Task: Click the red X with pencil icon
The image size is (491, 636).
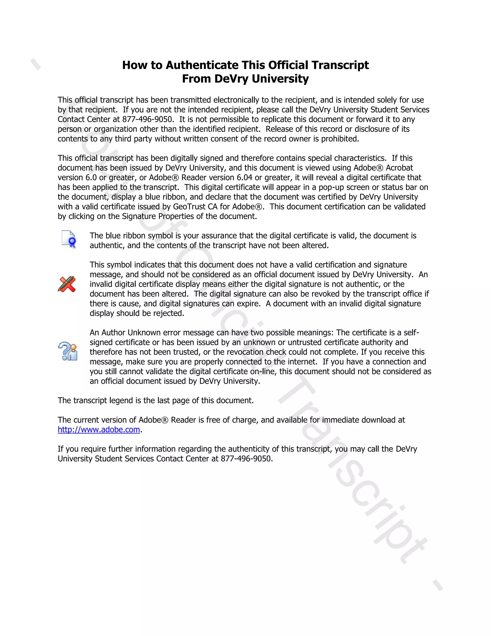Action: pyautogui.click(x=67, y=284)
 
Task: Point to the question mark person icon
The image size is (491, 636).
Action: pyautogui.click(x=68, y=351)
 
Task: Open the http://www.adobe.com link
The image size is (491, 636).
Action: pyautogui.click(x=99, y=430)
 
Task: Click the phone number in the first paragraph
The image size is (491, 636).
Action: pyautogui.click(x=148, y=119)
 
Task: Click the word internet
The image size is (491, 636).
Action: pyautogui.click(x=301, y=362)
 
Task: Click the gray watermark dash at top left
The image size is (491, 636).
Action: pyautogui.click(x=35, y=64)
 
